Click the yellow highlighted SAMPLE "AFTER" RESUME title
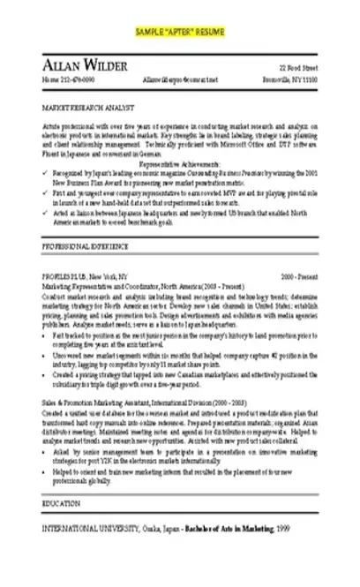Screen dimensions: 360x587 tap(180, 32)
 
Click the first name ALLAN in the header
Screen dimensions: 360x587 tap(64, 68)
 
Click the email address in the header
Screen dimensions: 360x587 tap(181, 81)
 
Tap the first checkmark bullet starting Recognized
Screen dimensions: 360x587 tap(45, 173)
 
